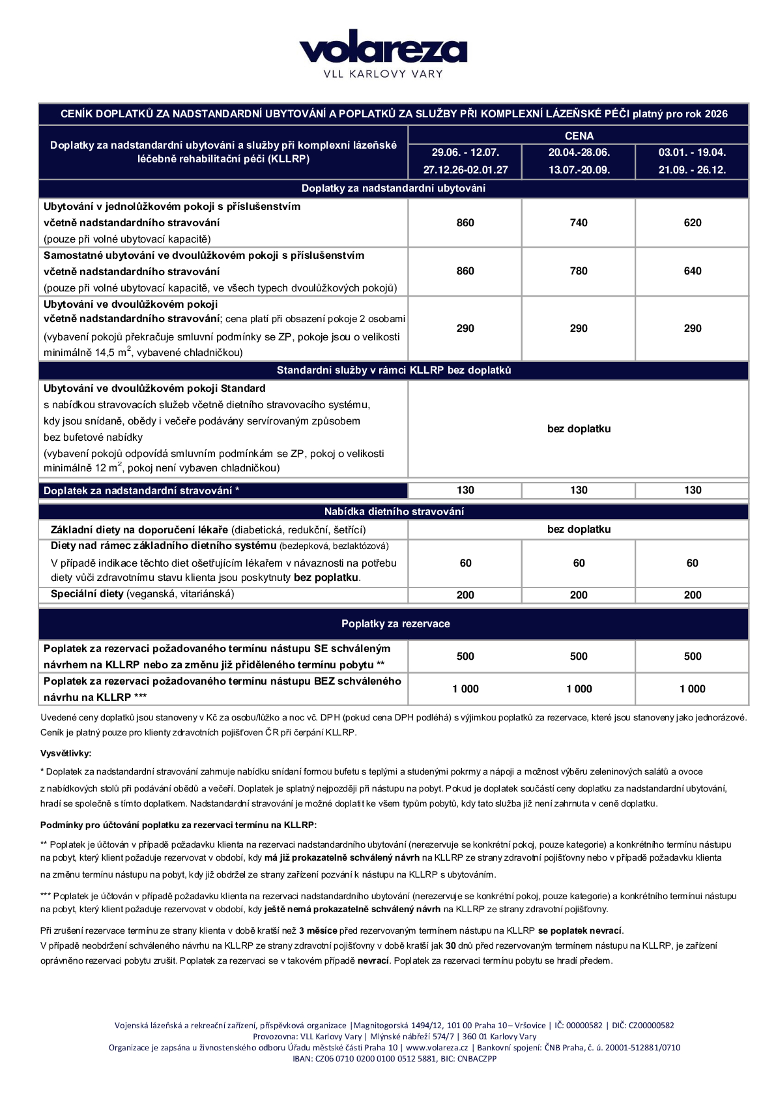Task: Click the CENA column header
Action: coord(579,136)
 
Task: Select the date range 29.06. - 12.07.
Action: coord(465,153)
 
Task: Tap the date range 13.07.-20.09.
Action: coord(579,170)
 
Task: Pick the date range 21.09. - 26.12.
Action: coord(692,170)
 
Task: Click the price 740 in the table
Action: coord(579,223)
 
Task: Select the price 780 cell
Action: coord(579,271)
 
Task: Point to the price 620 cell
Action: coord(692,223)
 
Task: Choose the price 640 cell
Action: coord(692,271)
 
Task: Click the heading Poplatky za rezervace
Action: coord(395,624)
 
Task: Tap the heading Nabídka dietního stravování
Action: coord(394,512)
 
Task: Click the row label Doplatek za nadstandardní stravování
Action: coord(141,491)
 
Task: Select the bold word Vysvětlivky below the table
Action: coord(66,753)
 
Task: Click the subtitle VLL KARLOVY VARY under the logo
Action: coord(383,74)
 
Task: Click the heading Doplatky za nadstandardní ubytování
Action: coord(394,188)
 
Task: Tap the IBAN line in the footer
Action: coord(394,1059)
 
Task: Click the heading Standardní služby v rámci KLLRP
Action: coord(394,370)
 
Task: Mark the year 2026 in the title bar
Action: coord(715,114)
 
